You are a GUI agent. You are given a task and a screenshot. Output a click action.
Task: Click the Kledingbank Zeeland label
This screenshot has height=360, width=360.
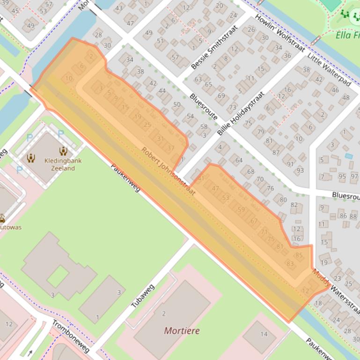(x=63, y=165)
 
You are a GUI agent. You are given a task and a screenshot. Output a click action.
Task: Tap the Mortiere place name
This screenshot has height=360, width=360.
(x=182, y=331)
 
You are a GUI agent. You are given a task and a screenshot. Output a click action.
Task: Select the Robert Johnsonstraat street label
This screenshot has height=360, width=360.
(x=169, y=172)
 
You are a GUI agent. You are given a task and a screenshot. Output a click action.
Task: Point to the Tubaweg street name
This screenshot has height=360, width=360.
(x=142, y=296)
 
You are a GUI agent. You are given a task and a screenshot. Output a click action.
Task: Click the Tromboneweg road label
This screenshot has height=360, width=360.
(x=71, y=337)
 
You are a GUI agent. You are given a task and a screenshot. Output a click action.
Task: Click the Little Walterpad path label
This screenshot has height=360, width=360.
(x=329, y=69)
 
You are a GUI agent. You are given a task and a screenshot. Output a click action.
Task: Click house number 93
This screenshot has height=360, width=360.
(x=300, y=171)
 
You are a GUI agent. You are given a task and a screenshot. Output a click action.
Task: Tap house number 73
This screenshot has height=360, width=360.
(x=233, y=108)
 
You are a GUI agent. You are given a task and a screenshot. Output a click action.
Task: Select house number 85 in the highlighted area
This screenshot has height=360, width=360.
(x=299, y=255)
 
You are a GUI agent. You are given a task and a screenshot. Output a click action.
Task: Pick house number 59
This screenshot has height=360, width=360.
(x=241, y=209)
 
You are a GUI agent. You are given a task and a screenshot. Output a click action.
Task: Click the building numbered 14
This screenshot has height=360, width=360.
(x=264, y=334)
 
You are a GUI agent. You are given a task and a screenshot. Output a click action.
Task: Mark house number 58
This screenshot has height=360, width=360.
(x=204, y=127)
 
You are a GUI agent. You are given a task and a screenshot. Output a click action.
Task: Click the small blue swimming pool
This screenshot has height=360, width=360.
(x=348, y=156)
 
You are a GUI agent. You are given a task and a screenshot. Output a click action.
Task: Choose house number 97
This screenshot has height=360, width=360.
(x=354, y=176)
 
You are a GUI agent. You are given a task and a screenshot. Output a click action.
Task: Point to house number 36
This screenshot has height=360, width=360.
(x=287, y=56)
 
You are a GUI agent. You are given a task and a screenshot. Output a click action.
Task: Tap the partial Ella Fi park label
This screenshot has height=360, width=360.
(x=347, y=35)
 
